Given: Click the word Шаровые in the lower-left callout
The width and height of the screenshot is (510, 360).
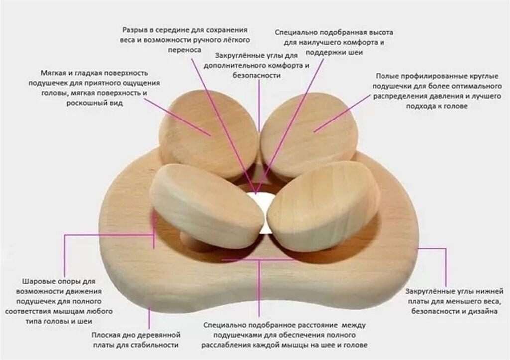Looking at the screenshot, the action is (x=36, y=280).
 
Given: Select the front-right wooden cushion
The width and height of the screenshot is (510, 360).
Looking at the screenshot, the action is (x=324, y=204).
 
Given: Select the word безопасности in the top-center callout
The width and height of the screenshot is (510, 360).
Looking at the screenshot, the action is (x=257, y=75).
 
